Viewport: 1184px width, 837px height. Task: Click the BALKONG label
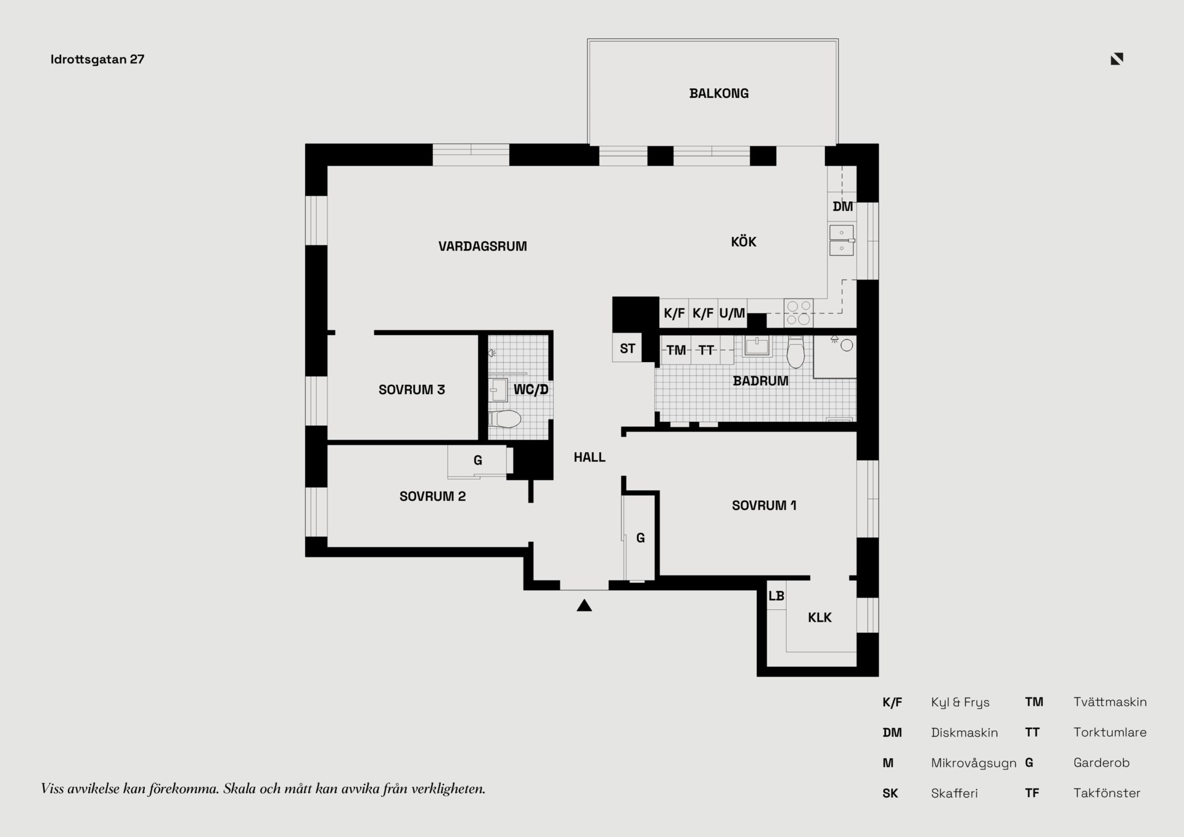(x=719, y=94)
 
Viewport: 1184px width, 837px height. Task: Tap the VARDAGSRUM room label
(x=483, y=247)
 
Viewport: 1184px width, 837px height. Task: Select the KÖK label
(x=744, y=242)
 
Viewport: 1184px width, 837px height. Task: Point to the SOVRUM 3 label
(x=412, y=390)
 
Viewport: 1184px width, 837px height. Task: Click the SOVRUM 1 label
(x=764, y=506)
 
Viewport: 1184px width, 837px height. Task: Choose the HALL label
(x=590, y=458)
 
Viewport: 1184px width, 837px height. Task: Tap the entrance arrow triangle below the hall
(x=584, y=606)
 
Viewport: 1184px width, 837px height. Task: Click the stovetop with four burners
(x=799, y=313)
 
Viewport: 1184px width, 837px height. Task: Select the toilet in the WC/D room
(x=506, y=419)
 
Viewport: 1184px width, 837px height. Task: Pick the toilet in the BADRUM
(x=796, y=353)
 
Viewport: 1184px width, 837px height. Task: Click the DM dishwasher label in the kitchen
(x=843, y=207)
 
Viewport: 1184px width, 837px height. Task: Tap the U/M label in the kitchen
(x=732, y=313)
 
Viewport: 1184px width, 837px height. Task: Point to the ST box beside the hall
(x=627, y=348)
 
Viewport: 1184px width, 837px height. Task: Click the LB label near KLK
(x=776, y=596)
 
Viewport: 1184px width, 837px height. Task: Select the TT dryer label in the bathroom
(x=706, y=350)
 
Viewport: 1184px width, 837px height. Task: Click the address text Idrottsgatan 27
(x=97, y=59)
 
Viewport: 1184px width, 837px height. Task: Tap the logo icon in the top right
(x=1117, y=59)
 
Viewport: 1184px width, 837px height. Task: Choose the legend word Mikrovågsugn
(x=974, y=763)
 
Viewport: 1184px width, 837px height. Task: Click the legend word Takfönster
(x=1107, y=793)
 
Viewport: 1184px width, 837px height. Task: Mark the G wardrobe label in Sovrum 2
(x=478, y=461)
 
